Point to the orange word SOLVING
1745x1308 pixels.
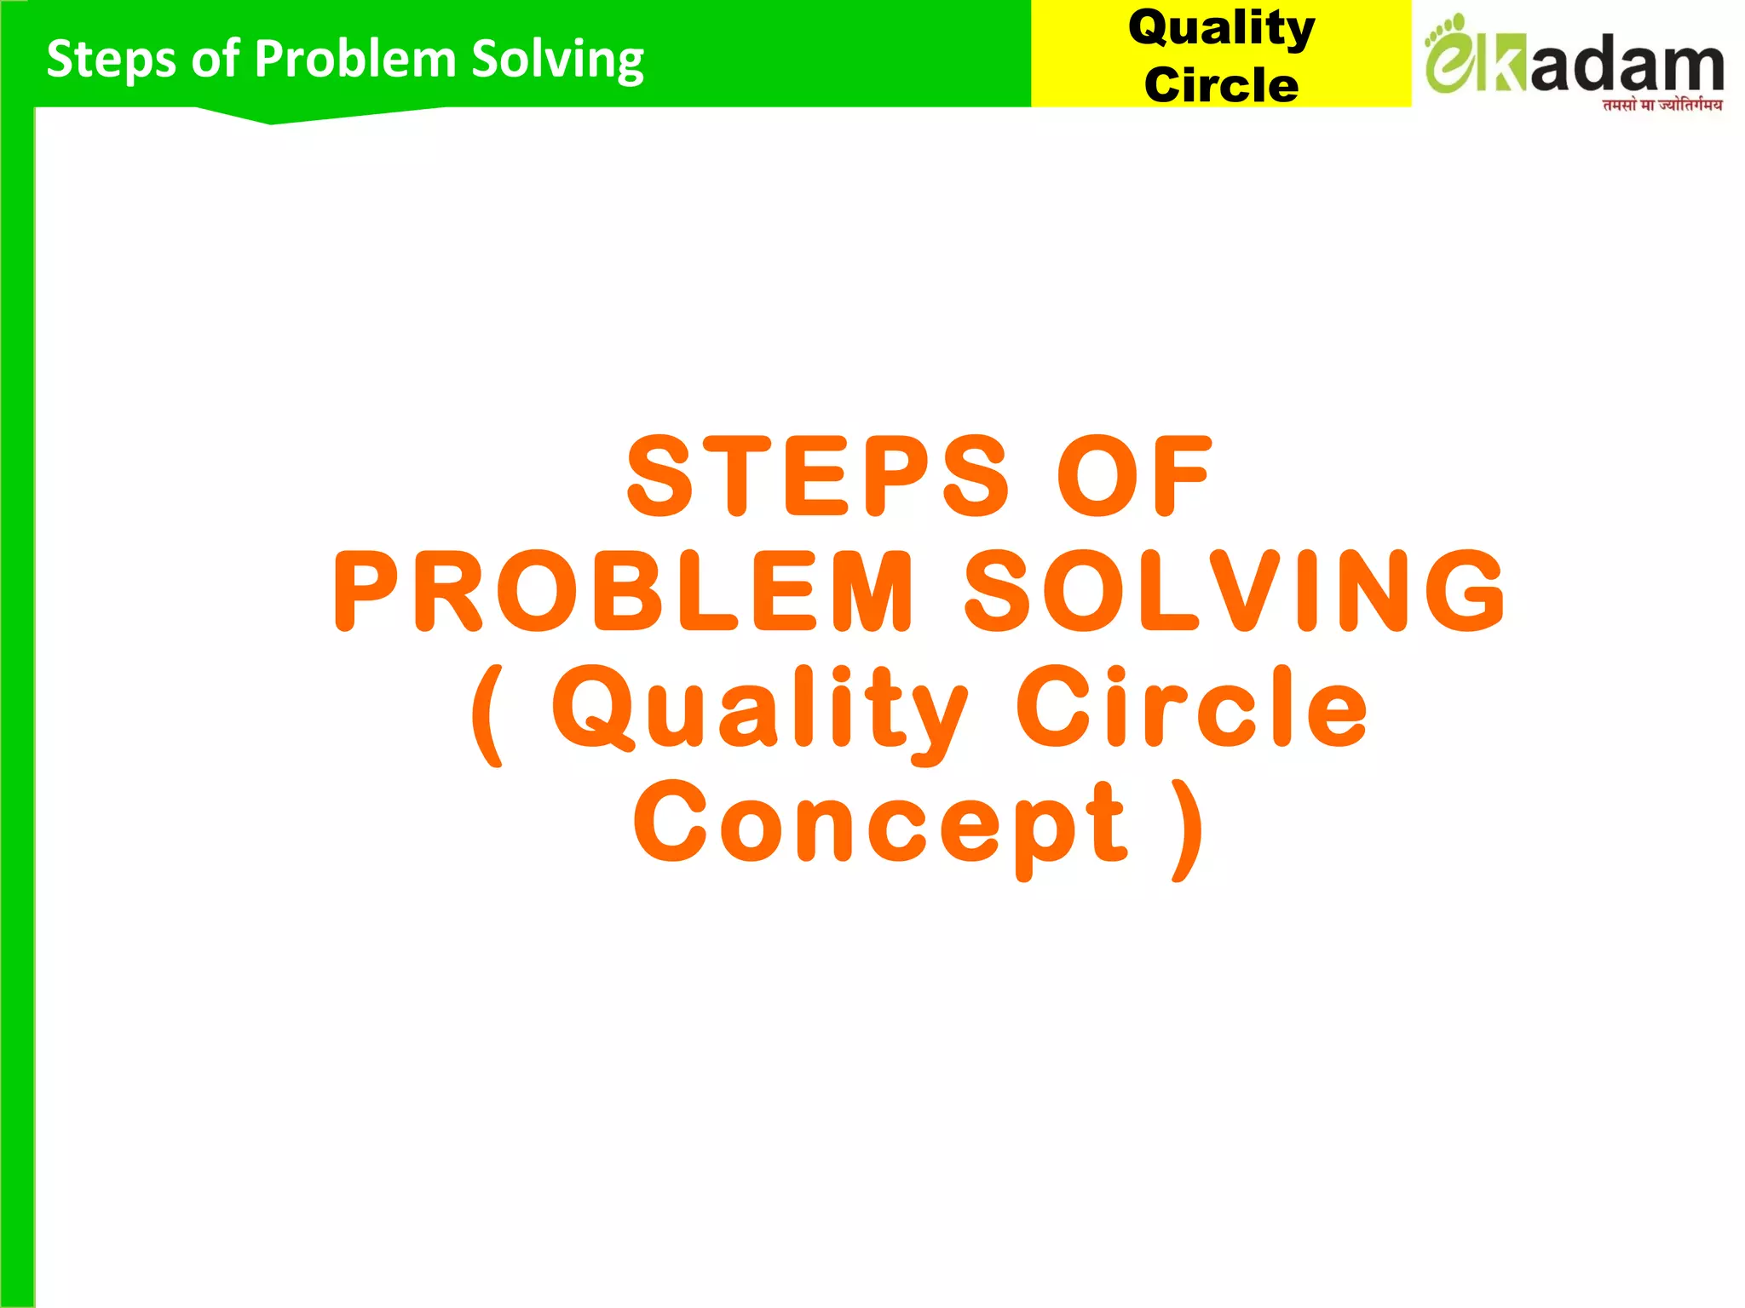pyautogui.click(x=1235, y=591)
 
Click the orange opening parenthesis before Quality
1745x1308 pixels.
pyautogui.click(x=487, y=715)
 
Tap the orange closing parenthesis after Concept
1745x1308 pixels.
pyautogui.click(x=1188, y=830)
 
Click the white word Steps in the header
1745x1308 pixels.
pyautogui.click(x=112, y=60)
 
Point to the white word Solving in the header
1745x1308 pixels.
pyautogui.click(x=557, y=60)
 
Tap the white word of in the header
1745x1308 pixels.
pyautogui.click(x=215, y=59)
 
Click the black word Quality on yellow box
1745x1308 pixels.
pyautogui.click(x=1221, y=29)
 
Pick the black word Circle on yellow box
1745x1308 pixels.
pyautogui.click(x=1221, y=84)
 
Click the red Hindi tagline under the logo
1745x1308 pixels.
pyautogui.click(x=1661, y=105)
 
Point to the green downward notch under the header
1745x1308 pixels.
pyautogui.click(x=271, y=118)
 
